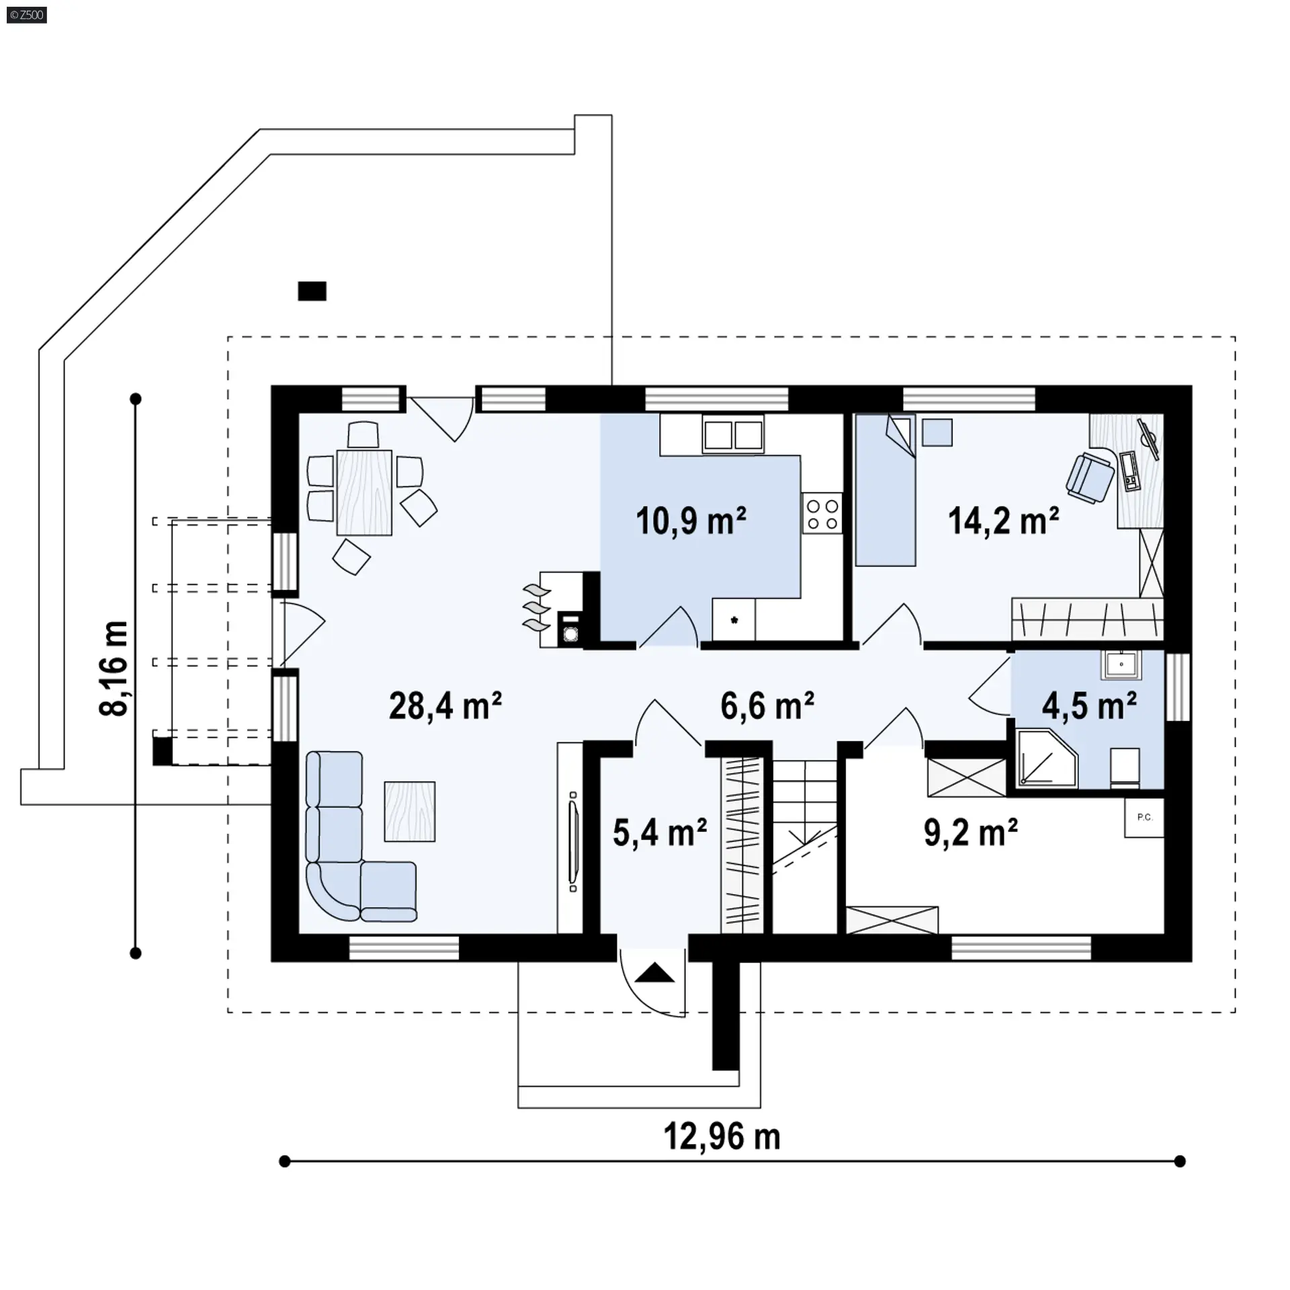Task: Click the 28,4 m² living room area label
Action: (x=445, y=706)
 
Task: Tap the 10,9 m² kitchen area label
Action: (x=691, y=521)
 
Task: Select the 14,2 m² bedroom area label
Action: (x=1004, y=521)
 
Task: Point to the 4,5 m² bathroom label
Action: (x=1089, y=706)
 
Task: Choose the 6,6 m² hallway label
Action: (x=767, y=706)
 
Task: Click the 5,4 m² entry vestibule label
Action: (x=660, y=832)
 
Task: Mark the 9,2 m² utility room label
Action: (x=971, y=832)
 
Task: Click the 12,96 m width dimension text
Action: (x=722, y=1137)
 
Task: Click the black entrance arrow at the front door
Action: (x=654, y=973)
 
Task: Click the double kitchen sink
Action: (x=733, y=434)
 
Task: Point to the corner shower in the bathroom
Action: (x=1047, y=759)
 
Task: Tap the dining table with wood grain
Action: (x=364, y=492)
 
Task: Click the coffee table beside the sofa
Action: (x=410, y=811)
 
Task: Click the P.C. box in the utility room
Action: (x=1144, y=818)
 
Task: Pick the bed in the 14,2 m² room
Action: (x=886, y=490)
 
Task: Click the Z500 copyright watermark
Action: (x=27, y=15)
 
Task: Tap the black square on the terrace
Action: (x=312, y=291)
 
